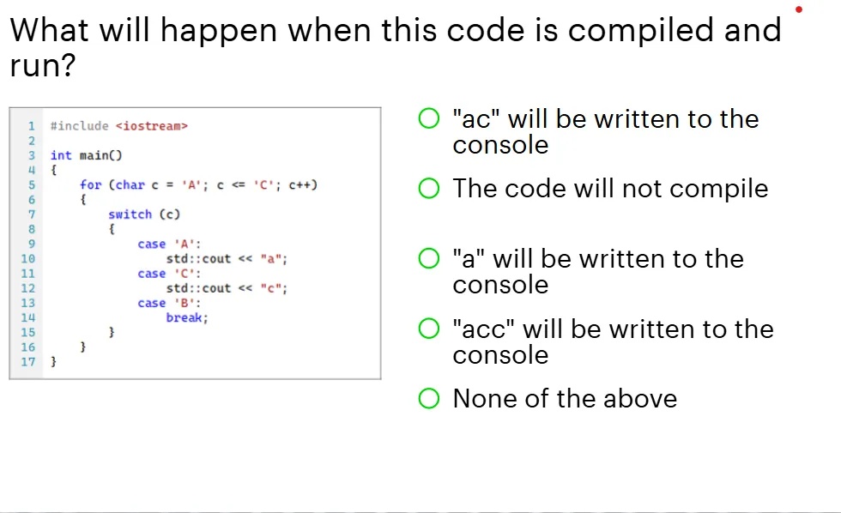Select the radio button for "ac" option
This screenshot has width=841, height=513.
click(x=429, y=118)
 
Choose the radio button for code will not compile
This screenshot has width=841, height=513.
click(x=429, y=189)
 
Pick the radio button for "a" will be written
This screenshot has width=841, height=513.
click(x=429, y=258)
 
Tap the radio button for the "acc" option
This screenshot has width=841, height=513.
click(x=429, y=329)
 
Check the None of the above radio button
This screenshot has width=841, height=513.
click(x=429, y=398)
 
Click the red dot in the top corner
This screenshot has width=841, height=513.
click(x=799, y=9)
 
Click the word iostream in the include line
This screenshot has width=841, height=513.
click(x=151, y=126)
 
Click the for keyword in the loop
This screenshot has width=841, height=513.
click(x=90, y=184)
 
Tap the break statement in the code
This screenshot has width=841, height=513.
click(x=186, y=317)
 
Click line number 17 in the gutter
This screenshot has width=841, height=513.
click(x=28, y=361)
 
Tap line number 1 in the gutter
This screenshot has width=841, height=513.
click(x=32, y=126)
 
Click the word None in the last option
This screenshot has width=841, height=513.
click(x=482, y=398)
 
